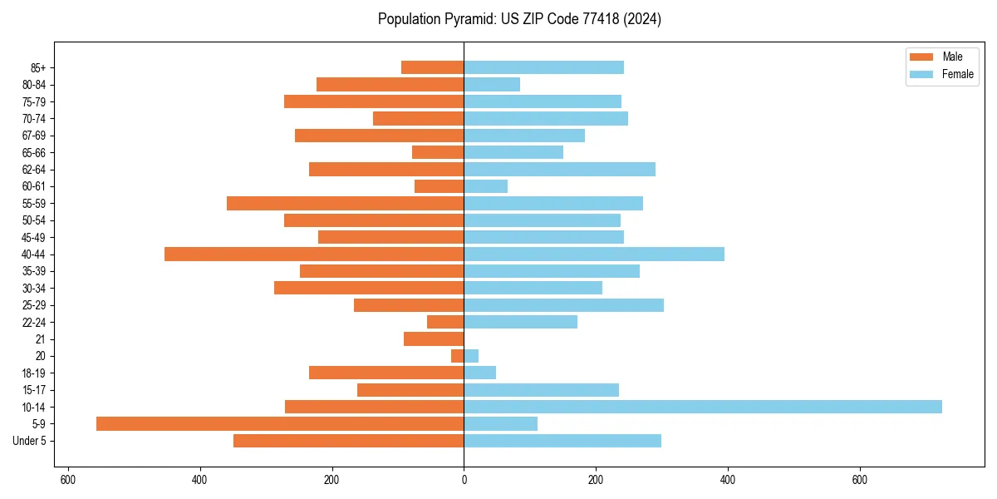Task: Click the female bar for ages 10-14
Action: [702, 407]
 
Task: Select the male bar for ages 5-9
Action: [280, 423]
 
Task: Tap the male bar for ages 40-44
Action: [314, 254]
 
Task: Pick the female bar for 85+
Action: [543, 67]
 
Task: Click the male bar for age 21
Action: [434, 338]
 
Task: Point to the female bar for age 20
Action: [471, 356]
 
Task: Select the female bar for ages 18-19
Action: [479, 373]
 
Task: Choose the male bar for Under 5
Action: [348, 441]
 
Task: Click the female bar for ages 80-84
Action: [492, 84]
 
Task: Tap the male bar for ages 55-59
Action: [345, 203]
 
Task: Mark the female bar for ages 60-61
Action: [485, 186]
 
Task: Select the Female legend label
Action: [957, 74]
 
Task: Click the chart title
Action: [519, 19]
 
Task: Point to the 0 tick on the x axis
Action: [464, 480]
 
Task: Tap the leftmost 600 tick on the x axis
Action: [68, 480]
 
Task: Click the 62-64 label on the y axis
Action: [34, 170]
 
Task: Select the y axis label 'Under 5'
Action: [29, 441]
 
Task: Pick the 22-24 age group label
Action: [34, 322]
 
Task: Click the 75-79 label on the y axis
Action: [34, 101]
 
